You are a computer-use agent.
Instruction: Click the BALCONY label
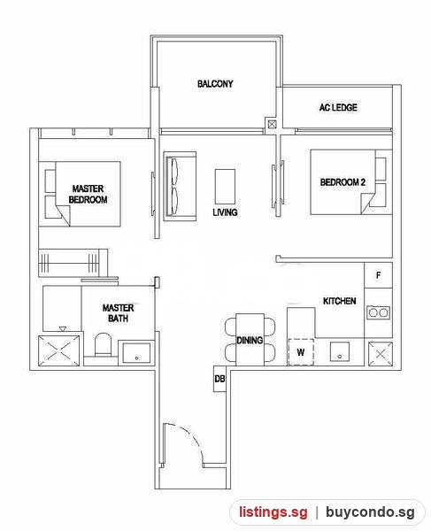tap(215, 84)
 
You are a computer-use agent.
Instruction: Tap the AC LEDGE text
tap(338, 107)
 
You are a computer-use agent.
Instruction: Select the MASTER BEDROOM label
tap(88, 194)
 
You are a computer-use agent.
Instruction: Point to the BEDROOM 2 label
tap(342, 182)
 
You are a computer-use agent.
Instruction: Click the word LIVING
tap(225, 212)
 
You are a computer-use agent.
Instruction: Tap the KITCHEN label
tap(339, 301)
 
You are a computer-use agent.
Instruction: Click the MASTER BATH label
tap(118, 313)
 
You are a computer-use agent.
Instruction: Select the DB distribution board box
tap(219, 379)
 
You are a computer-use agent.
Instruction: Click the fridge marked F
tap(378, 275)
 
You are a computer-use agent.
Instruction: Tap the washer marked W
tap(301, 352)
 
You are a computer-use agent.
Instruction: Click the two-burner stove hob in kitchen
tap(378, 312)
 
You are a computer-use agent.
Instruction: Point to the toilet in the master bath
tap(103, 344)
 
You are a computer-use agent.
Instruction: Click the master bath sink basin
tap(136, 353)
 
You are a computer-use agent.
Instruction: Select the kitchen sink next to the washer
tap(340, 352)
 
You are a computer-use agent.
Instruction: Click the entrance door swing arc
tap(189, 439)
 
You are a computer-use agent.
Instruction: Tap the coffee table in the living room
tap(225, 187)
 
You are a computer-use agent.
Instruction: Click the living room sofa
tap(180, 187)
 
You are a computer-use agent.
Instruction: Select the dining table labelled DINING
tap(250, 340)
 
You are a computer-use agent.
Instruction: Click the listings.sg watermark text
tap(273, 512)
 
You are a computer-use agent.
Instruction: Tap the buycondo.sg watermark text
tap(370, 512)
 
